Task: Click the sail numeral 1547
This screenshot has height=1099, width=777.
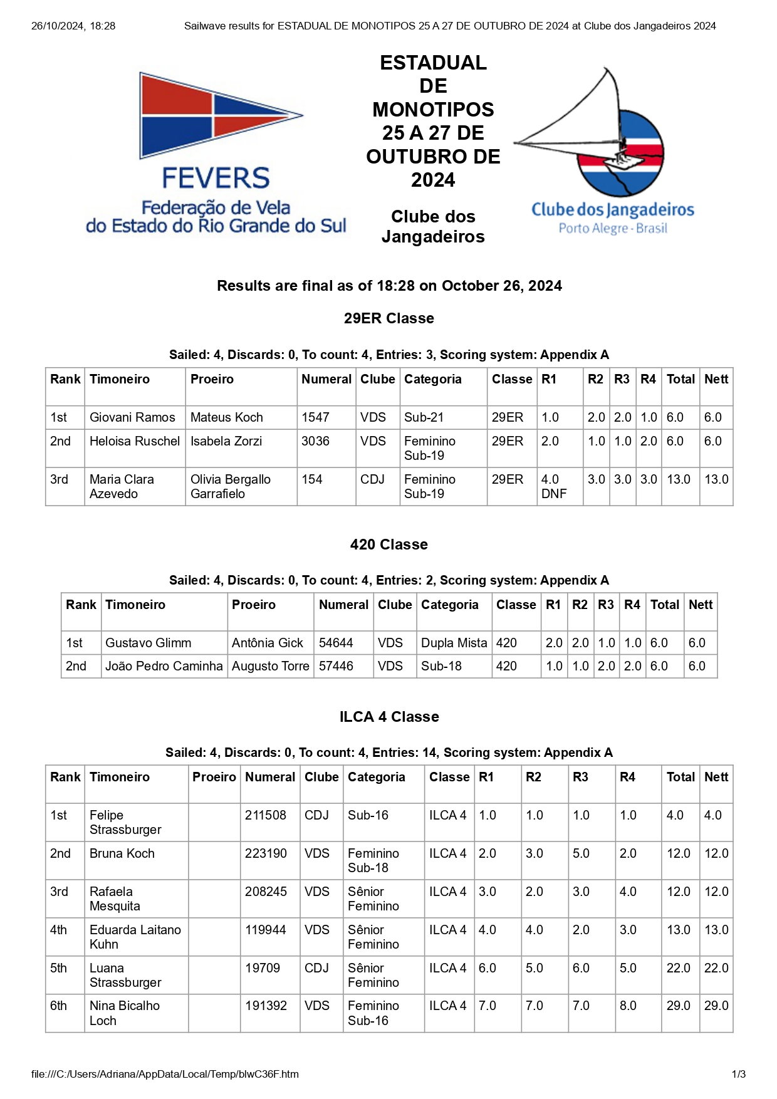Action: (x=315, y=417)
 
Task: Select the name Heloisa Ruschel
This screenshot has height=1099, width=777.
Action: (x=135, y=441)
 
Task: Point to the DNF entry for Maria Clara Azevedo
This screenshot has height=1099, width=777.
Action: (x=554, y=494)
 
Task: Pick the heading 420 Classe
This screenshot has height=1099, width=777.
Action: (x=388, y=544)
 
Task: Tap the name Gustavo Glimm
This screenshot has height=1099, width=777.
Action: (x=149, y=643)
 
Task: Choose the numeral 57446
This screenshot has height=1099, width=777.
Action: (x=336, y=666)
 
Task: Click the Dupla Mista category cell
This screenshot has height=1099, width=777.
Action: (x=454, y=643)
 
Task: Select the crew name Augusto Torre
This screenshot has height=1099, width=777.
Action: (x=271, y=666)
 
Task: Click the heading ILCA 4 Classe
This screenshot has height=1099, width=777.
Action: (x=388, y=717)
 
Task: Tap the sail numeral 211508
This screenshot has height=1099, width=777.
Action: (x=266, y=815)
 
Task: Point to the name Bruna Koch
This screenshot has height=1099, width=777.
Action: (x=122, y=853)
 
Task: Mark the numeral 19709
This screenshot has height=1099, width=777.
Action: (x=263, y=968)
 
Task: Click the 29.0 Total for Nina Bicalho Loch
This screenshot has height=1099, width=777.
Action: (x=678, y=1006)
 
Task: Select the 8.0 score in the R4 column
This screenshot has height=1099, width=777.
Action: (x=628, y=1006)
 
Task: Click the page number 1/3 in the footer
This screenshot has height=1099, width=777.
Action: (x=739, y=1074)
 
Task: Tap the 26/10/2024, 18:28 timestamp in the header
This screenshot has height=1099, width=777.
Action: (x=73, y=26)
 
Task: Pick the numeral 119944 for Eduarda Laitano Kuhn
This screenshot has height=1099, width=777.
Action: (x=266, y=930)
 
